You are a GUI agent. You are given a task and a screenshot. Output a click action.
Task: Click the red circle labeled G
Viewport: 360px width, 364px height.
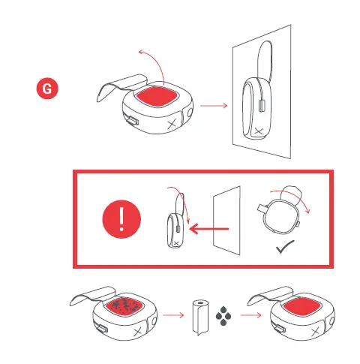[48, 89]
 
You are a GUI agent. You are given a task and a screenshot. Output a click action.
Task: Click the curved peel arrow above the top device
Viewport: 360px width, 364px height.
[149, 59]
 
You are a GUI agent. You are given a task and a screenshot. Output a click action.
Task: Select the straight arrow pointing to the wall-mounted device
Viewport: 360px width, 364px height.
[214, 106]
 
